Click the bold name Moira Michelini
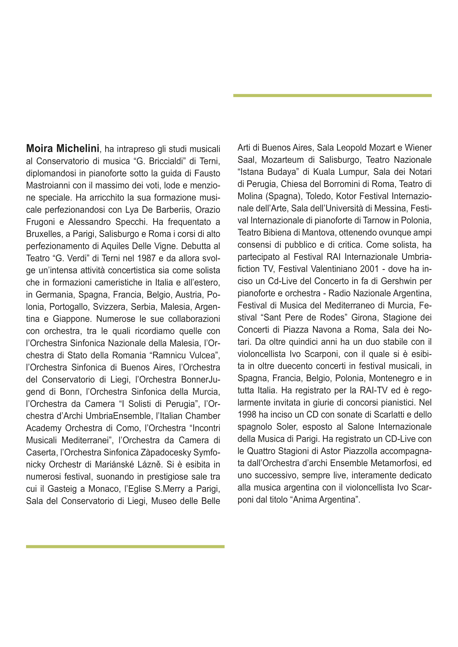click(x=63, y=149)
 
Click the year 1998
click(x=247, y=415)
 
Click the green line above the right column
click(x=332, y=96)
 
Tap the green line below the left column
click(x=125, y=547)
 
